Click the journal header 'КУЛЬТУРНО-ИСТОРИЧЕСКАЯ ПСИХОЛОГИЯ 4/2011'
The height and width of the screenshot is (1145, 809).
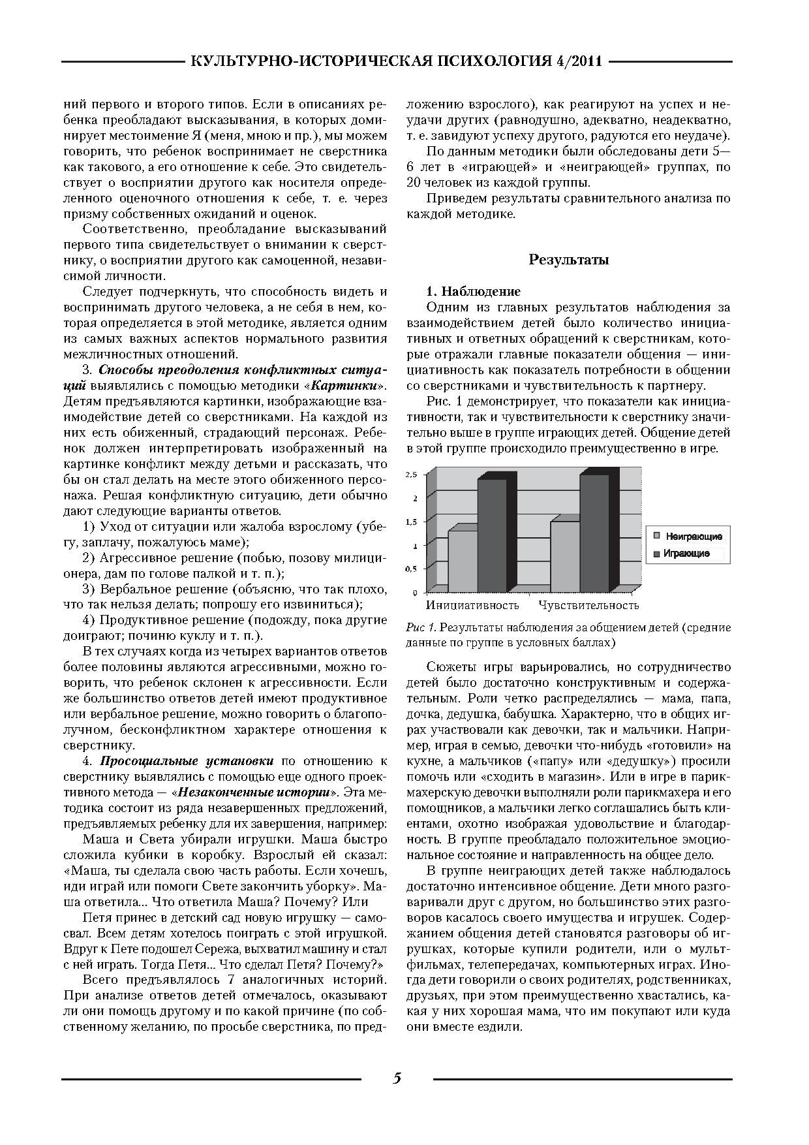396,62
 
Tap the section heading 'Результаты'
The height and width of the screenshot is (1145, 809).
568,260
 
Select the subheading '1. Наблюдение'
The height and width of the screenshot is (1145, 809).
473,291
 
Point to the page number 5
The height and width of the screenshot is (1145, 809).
397,1078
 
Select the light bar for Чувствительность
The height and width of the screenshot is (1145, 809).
565,556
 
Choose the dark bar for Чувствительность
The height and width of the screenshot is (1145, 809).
594,532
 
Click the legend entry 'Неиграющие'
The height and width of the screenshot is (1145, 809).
694,537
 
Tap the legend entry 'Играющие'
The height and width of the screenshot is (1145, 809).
686,554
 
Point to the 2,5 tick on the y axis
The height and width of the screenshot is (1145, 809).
411,475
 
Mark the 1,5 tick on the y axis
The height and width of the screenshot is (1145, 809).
411,522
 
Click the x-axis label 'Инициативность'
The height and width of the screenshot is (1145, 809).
472,605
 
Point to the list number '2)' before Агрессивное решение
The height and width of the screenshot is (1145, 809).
89,558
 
